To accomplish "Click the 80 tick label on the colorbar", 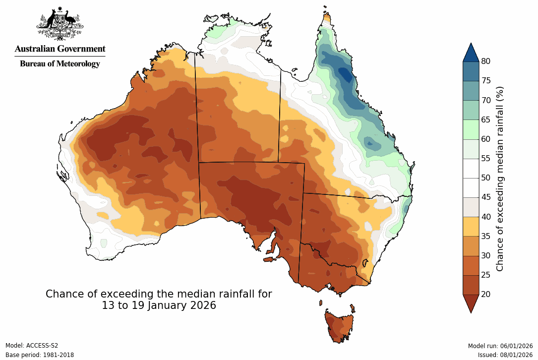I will (x=486, y=61).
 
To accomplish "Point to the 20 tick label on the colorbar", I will (x=486, y=294).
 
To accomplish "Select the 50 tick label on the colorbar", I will (x=486, y=178).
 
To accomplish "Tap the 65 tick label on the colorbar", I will (x=486, y=120).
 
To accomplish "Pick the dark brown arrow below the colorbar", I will (x=471, y=302).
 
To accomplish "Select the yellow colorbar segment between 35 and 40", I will (x=471, y=226).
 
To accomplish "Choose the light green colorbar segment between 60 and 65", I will (x=471, y=129).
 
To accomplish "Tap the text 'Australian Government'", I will (x=60, y=49).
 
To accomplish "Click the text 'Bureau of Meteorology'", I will (x=60, y=63).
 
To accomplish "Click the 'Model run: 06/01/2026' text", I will (x=500, y=346).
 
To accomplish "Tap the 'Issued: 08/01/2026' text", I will (x=505, y=355).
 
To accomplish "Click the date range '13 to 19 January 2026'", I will (x=159, y=305).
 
